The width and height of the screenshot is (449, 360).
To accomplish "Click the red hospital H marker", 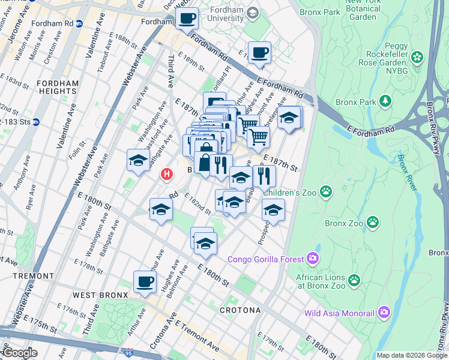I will click(167, 175).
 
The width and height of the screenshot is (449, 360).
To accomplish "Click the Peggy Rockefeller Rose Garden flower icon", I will click(417, 58).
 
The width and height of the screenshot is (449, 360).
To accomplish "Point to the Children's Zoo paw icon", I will click(326, 192).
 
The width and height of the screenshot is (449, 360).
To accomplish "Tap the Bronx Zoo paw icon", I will click(373, 223).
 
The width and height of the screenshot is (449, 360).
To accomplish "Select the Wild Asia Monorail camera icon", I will click(384, 312).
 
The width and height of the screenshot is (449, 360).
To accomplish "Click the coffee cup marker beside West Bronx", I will click(144, 282).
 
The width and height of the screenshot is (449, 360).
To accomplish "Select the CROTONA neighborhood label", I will click(240, 310).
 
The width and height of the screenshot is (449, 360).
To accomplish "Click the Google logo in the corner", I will click(20, 353).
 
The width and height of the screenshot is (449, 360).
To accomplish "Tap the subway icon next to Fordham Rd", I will click(79, 23).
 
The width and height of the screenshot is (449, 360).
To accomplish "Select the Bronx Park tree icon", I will click(384, 100).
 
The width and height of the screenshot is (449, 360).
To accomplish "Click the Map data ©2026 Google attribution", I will click(411, 355).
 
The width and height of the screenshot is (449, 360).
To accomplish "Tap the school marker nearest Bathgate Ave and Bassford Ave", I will click(138, 161).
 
